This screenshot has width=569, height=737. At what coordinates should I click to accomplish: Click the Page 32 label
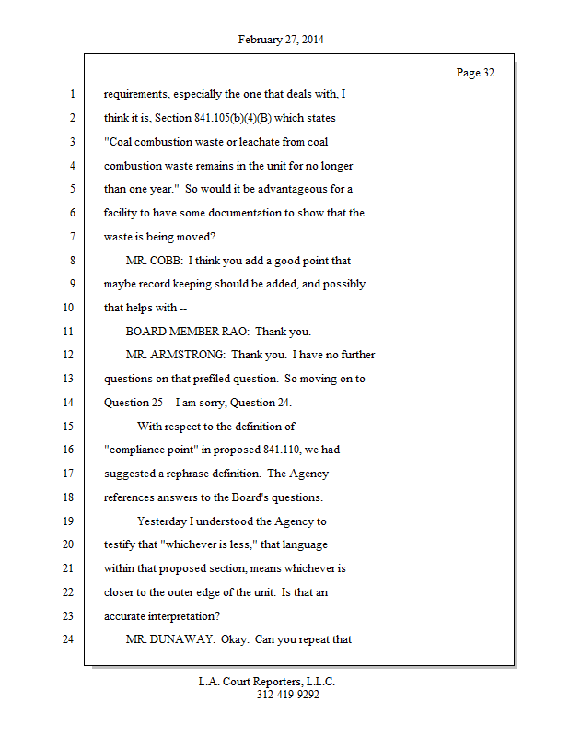(x=475, y=73)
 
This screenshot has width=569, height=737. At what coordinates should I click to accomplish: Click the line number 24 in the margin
(x=66, y=639)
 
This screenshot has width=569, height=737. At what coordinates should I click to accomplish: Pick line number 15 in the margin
(x=66, y=426)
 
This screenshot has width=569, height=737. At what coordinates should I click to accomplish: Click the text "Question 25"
(x=135, y=402)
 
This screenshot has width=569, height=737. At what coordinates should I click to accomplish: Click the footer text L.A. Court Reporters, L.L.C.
(x=267, y=682)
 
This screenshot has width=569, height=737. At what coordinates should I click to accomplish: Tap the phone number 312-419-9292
(x=287, y=695)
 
